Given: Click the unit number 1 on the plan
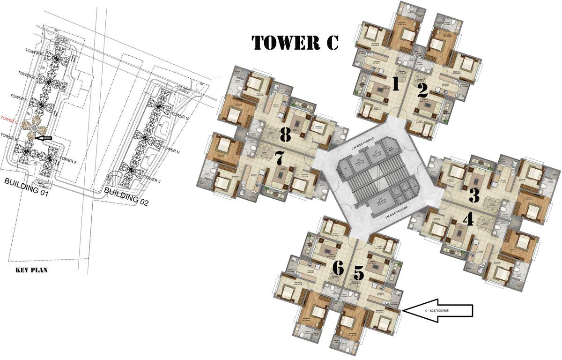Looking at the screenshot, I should click(395, 84).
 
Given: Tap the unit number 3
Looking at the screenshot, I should click(474, 194).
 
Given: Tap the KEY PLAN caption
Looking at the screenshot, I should click(32, 270).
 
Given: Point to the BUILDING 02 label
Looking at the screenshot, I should click(127, 195).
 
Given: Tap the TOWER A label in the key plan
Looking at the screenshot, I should click(68, 161).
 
